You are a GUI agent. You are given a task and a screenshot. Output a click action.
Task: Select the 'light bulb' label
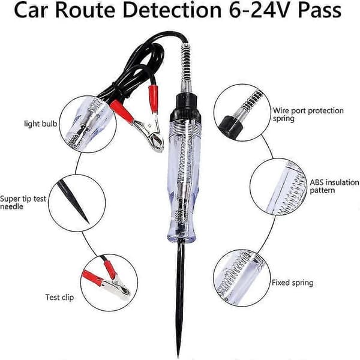[x=41, y=124]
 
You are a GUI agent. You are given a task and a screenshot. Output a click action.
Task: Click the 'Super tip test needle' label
[x=23, y=203]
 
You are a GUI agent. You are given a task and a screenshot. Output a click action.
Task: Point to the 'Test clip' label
[x=59, y=298]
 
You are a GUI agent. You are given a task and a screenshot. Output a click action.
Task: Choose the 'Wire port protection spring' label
[x=308, y=115]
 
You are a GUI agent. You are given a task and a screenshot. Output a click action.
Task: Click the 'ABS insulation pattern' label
[x=334, y=186]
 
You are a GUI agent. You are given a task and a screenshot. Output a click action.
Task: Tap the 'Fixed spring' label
[x=293, y=283]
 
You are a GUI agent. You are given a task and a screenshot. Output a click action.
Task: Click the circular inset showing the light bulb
[x=88, y=124]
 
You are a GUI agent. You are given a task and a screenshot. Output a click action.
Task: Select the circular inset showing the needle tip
[x=77, y=203]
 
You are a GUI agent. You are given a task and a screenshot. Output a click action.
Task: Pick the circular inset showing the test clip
[x=109, y=283]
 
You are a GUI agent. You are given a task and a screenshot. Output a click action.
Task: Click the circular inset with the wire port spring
[x=242, y=112]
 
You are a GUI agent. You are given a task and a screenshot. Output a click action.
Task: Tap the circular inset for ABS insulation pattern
[x=278, y=187]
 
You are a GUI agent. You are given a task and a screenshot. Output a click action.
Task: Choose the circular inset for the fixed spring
[x=242, y=278]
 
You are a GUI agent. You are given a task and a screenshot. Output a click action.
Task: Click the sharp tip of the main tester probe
[x=178, y=357]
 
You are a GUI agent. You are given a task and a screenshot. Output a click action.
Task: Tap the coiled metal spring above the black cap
[x=185, y=64]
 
